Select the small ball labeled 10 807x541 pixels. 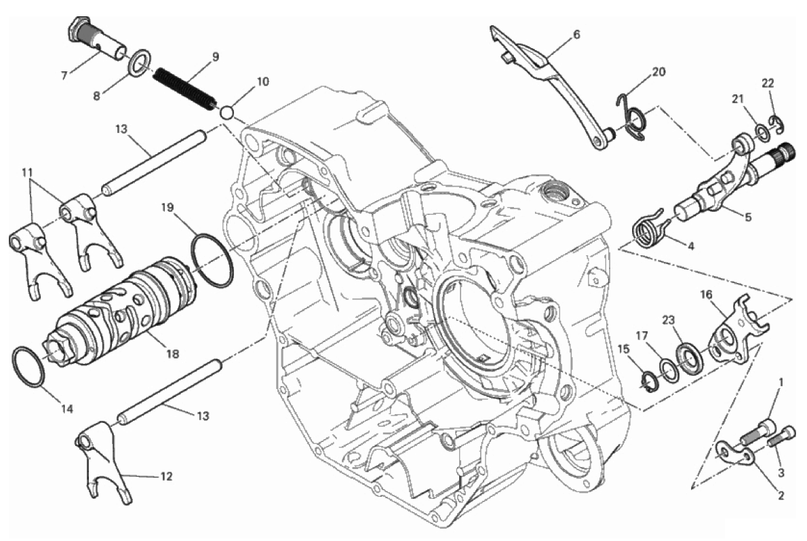coord(227,111)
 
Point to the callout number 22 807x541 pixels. coord(767,83)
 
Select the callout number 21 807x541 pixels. coord(738,99)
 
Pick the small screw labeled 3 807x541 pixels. coord(783,437)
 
